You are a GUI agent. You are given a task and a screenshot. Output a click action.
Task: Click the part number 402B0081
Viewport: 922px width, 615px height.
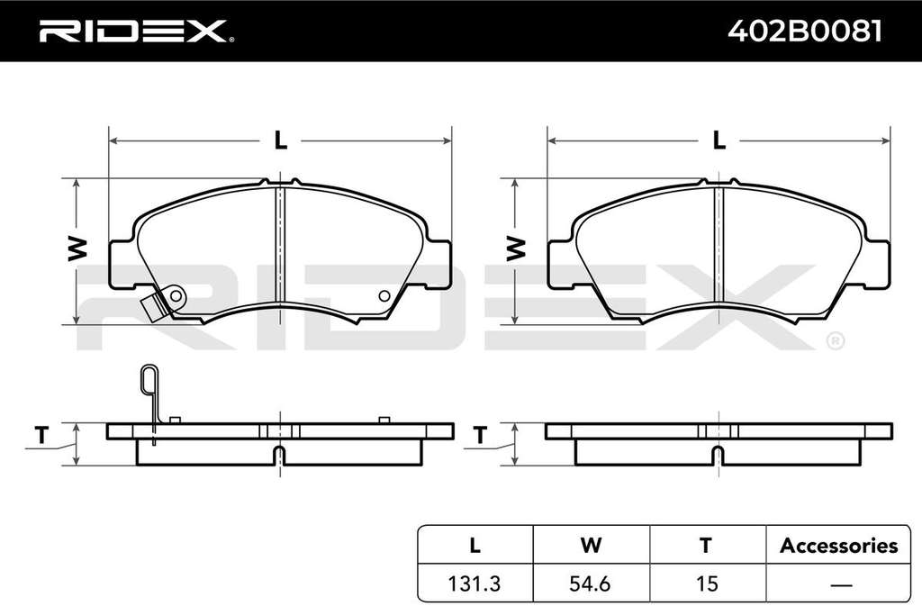tap(805, 32)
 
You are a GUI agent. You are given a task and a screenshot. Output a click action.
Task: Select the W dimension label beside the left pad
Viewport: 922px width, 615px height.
tap(77, 249)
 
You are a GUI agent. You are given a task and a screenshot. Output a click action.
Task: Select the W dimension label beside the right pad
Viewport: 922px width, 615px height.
tap(516, 249)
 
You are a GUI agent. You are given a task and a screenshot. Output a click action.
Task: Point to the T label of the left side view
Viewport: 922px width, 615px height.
tap(41, 436)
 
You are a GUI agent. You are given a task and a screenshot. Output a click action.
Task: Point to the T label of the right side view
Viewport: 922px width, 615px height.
tap(480, 436)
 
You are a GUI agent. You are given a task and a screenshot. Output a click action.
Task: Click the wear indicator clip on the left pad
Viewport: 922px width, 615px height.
tap(163, 302)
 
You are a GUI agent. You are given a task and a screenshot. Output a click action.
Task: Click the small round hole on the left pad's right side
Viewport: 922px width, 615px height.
tap(384, 295)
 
